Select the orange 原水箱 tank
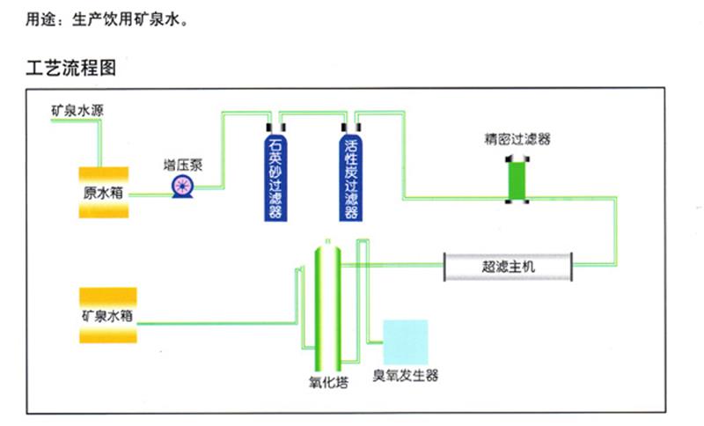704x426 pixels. (x=104, y=193)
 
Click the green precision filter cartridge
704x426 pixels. (x=515, y=179)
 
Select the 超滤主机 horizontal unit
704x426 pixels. (x=509, y=265)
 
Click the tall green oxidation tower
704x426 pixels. (x=326, y=308)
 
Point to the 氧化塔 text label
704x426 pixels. (x=326, y=383)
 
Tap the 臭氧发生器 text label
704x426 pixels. (x=405, y=376)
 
